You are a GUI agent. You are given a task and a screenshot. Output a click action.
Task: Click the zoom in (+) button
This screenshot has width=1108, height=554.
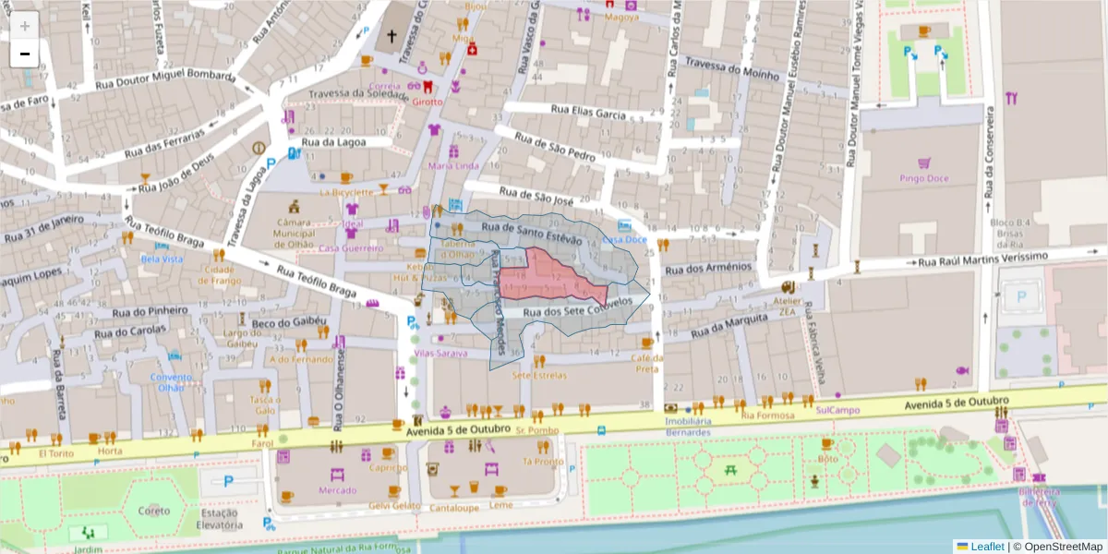[x=25, y=25]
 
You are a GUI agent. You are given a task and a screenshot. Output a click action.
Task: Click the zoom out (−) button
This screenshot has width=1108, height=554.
[x=25, y=54]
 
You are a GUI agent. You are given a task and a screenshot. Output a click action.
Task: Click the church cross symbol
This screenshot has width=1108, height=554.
[x=391, y=37]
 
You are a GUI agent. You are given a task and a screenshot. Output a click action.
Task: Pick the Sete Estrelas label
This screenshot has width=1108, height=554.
[x=539, y=375]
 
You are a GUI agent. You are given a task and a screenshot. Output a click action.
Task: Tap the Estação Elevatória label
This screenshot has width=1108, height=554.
[x=220, y=519]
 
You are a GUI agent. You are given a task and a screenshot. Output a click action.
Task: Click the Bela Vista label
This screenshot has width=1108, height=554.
[x=161, y=259]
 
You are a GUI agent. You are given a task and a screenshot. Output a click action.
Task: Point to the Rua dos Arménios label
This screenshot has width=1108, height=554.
[x=710, y=268]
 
